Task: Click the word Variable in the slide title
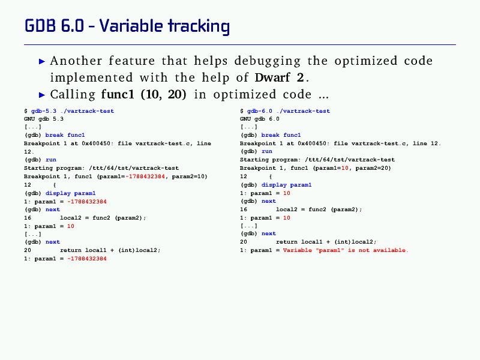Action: click(x=131, y=26)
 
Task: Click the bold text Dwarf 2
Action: click(x=279, y=77)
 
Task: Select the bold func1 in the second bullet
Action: click(x=118, y=94)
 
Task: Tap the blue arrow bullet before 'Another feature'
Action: click(x=42, y=62)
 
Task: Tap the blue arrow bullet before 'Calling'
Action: click(x=42, y=95)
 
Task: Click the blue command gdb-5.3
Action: click(x=44, y=111)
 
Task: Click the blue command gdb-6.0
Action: click(x=260, y=111)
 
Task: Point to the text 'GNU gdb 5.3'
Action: click(x=44, y=119)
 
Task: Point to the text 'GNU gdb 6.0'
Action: click(x=260, y=119)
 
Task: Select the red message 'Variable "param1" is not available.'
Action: click(x=346, y=250)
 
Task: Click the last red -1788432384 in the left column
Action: click(x=87, y=259)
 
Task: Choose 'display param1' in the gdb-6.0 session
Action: click(x=287, y=185)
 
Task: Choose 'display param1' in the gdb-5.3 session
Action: click(x=70, y=193)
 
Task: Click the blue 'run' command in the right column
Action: click(x=267, y=152)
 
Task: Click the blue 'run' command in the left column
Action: click(x=51, y=160)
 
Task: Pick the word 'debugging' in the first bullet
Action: click(x=268, y=61)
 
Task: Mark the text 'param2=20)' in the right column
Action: click(x=373, y=168)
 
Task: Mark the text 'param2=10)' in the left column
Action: click(x=190, y=176)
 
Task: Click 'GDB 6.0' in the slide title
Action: click(x=54, y=26)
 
